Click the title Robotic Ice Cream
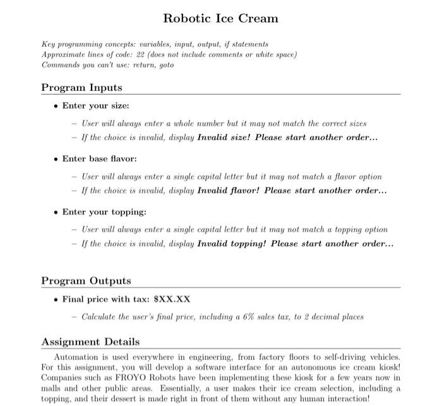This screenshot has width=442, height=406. [x=220, y=18]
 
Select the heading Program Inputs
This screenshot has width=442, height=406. [x=81, y=87]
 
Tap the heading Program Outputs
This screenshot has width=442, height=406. [x=86, y=280]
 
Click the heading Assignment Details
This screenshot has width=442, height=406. [x=90, y=342]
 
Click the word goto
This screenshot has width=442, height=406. [x=165, y=64]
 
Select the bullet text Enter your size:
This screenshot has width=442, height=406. [x=95, y=105]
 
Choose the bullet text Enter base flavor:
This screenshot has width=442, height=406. [x=99, y=158]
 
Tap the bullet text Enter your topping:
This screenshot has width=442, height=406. [x=104, y=212]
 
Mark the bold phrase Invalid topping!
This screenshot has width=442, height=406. [x=233, y=243]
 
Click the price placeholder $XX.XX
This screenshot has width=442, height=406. [x=172, y=299]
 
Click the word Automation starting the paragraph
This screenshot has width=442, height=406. [x=76, y=357]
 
